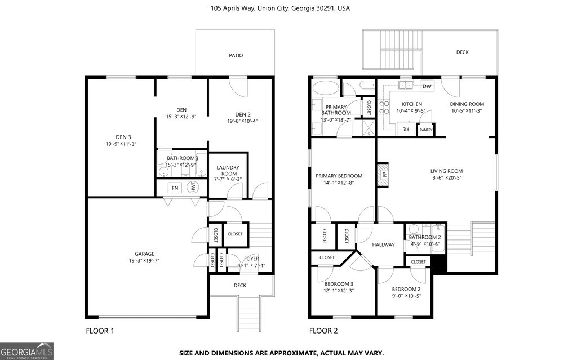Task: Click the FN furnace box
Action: (175, 188)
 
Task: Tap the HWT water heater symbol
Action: (193, 188)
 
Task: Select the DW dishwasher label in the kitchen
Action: (427, 86)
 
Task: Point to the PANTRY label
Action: (426, 130)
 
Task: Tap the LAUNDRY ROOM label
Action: (228, 171)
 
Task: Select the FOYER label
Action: (251, 259)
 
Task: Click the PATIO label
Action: (236, 55)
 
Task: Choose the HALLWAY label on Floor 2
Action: (383, 245)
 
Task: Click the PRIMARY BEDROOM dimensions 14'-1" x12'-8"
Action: (339, 183)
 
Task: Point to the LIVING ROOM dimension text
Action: (446, 178)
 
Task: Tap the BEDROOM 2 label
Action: (406, 290)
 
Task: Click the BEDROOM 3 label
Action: (339, 283)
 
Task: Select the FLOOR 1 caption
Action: (100, 331)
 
